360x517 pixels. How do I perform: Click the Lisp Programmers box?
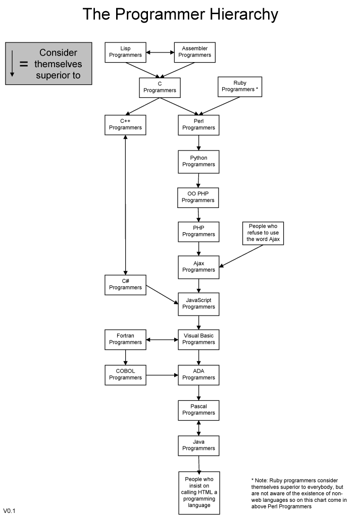click(125, 52)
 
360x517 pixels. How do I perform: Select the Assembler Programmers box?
click(194, 52)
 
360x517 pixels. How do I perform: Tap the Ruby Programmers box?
click(240, 87)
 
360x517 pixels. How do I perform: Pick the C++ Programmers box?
click(125, 125)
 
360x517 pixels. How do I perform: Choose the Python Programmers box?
click(198, 162)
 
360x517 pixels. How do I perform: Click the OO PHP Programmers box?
click(198, 197)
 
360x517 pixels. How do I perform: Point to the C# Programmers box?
click(125, 285)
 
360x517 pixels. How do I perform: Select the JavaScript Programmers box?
click(198, 304)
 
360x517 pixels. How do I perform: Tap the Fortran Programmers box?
click(125, 339)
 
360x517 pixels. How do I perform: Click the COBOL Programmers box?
click(125, 375)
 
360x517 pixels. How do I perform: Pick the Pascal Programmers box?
click(198, 410)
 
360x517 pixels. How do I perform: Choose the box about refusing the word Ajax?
click(263, 233)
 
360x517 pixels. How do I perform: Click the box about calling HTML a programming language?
click(199, 492)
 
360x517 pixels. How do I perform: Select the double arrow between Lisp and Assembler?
click(160, 52)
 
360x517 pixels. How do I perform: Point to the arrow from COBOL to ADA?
click(162, 375)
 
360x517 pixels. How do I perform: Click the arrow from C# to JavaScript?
click(162, 294)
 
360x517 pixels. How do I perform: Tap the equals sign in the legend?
click(24, 64)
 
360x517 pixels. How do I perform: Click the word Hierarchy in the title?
click(244, 15)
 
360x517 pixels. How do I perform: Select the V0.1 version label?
click(9, 511)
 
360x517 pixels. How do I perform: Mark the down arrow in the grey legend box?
click(12, 64)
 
